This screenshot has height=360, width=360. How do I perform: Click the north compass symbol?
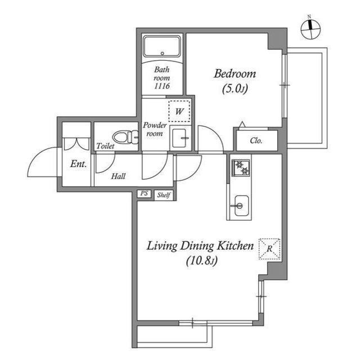pos(310,29)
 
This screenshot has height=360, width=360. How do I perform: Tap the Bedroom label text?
pos(235,74)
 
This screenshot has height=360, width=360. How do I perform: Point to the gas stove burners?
pos(241,167)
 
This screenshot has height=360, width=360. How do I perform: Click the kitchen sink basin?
pos(240,205)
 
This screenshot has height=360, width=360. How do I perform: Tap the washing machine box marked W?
pos(179,111)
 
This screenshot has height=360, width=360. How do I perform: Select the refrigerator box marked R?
pos(269,248)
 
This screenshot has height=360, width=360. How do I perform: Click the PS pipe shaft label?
pos(144,194)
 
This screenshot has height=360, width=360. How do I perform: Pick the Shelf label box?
pos(163,195)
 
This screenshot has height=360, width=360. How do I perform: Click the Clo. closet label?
pos(256,141)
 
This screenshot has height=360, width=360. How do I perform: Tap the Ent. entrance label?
pos(77,164)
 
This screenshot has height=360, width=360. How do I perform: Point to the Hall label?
pos(118,176)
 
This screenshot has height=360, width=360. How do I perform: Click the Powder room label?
pos(154,129)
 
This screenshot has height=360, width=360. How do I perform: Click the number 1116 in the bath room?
pos(162,88)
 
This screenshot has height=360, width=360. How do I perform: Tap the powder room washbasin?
pos(181,138)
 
